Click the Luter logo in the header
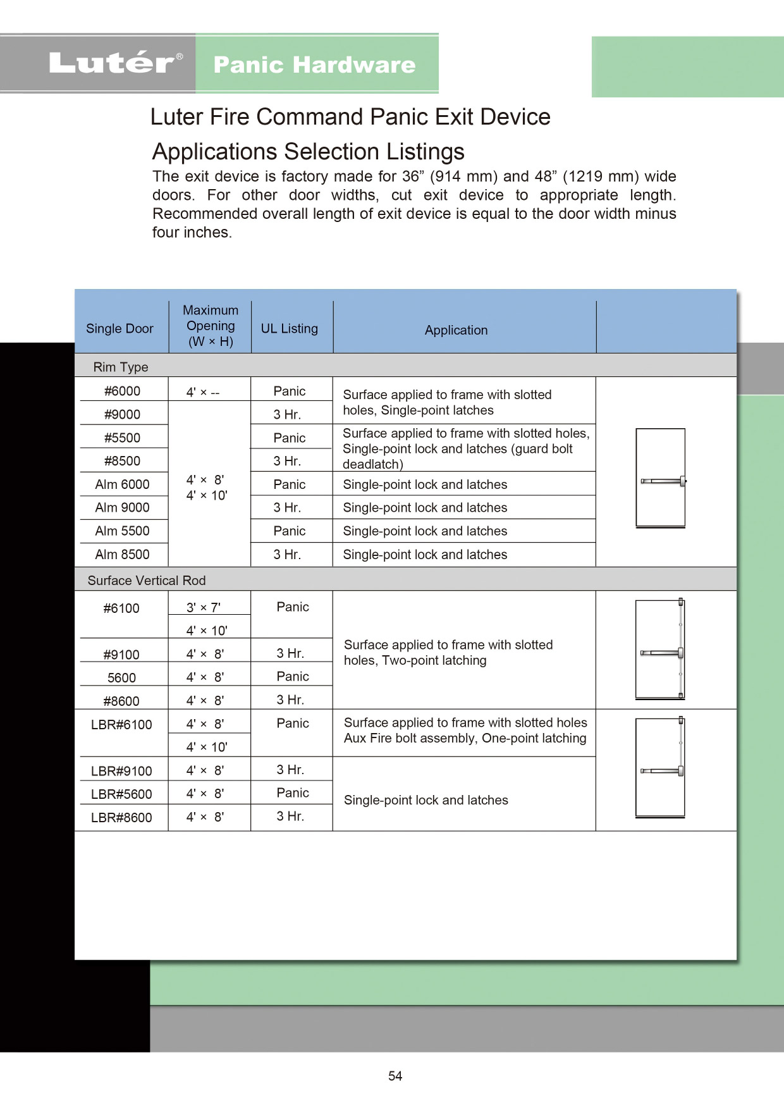pyautogui.click(x=116, y=63)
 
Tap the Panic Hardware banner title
pyautogui.click(x=314, y=65)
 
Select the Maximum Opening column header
pyautogui.click(x=211, y=326)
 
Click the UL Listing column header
pyautogui.click(x=290, y=329)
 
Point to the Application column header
pyautogui.click(x=456, y=330)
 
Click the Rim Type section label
pyautogui.click(x=121, y=367)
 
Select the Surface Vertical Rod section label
pyautogui.click(x=147, y=581)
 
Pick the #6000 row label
pyautogui.click(x=122, y=391)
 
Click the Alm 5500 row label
pyautogui.click(x=122, y=531)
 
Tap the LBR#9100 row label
pyautogui.click(x=121, y=771)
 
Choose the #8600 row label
pyautogui.click(x=121, y=701)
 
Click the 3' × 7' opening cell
pyautogui.click(x=204, y=608)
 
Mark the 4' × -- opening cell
pyautogui.click(x=203, y=392)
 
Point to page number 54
pyautogui.click(x=395, y=1076)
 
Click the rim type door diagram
pyautogui.click(x=661, y=478)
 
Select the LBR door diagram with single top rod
pyautogui.click(x=661, y=767)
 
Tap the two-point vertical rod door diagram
pyautogui.click(x=661, y=649)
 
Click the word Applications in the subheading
pyautogui.click(x=216, y=152)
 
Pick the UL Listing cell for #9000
pyautogui.click(x=287, y=415)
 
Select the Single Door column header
pyautogui.click(x=119, y=329)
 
